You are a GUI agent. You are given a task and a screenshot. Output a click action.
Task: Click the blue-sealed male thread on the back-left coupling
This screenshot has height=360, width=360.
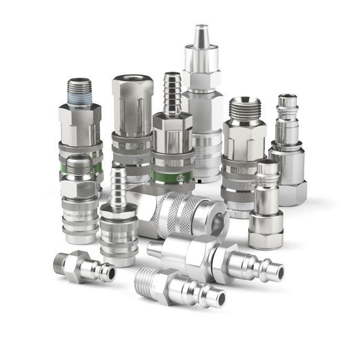(79, 92)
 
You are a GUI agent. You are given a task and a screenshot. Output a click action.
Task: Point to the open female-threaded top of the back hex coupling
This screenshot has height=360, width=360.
(132, 81)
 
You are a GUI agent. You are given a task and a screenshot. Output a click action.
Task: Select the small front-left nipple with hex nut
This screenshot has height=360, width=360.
(84, 267)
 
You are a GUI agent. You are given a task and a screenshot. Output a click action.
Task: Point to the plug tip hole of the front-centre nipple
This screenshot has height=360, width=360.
(221, 300)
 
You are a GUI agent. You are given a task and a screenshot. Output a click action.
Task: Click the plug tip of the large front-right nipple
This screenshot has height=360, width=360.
(273, 272)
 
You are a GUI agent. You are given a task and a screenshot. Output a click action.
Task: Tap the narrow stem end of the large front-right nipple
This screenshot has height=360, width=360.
(154, 249)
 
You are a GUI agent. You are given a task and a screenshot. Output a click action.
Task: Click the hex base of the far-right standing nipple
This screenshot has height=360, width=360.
(289, 192)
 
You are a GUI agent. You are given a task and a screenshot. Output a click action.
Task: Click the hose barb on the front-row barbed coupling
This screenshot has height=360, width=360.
(119, 187)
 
